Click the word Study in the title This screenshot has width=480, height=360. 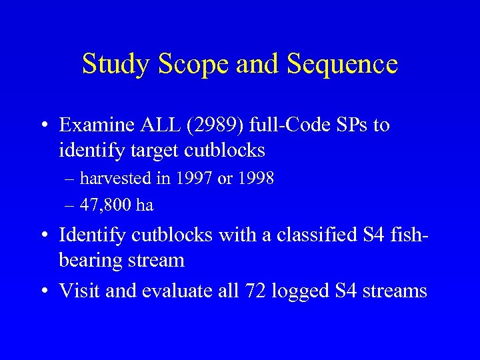(x=113, y=64)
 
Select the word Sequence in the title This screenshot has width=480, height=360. (x=343, y=65)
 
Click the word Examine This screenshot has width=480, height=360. (x=95, y=125)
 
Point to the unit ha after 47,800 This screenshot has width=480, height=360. (x=144, y=205)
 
